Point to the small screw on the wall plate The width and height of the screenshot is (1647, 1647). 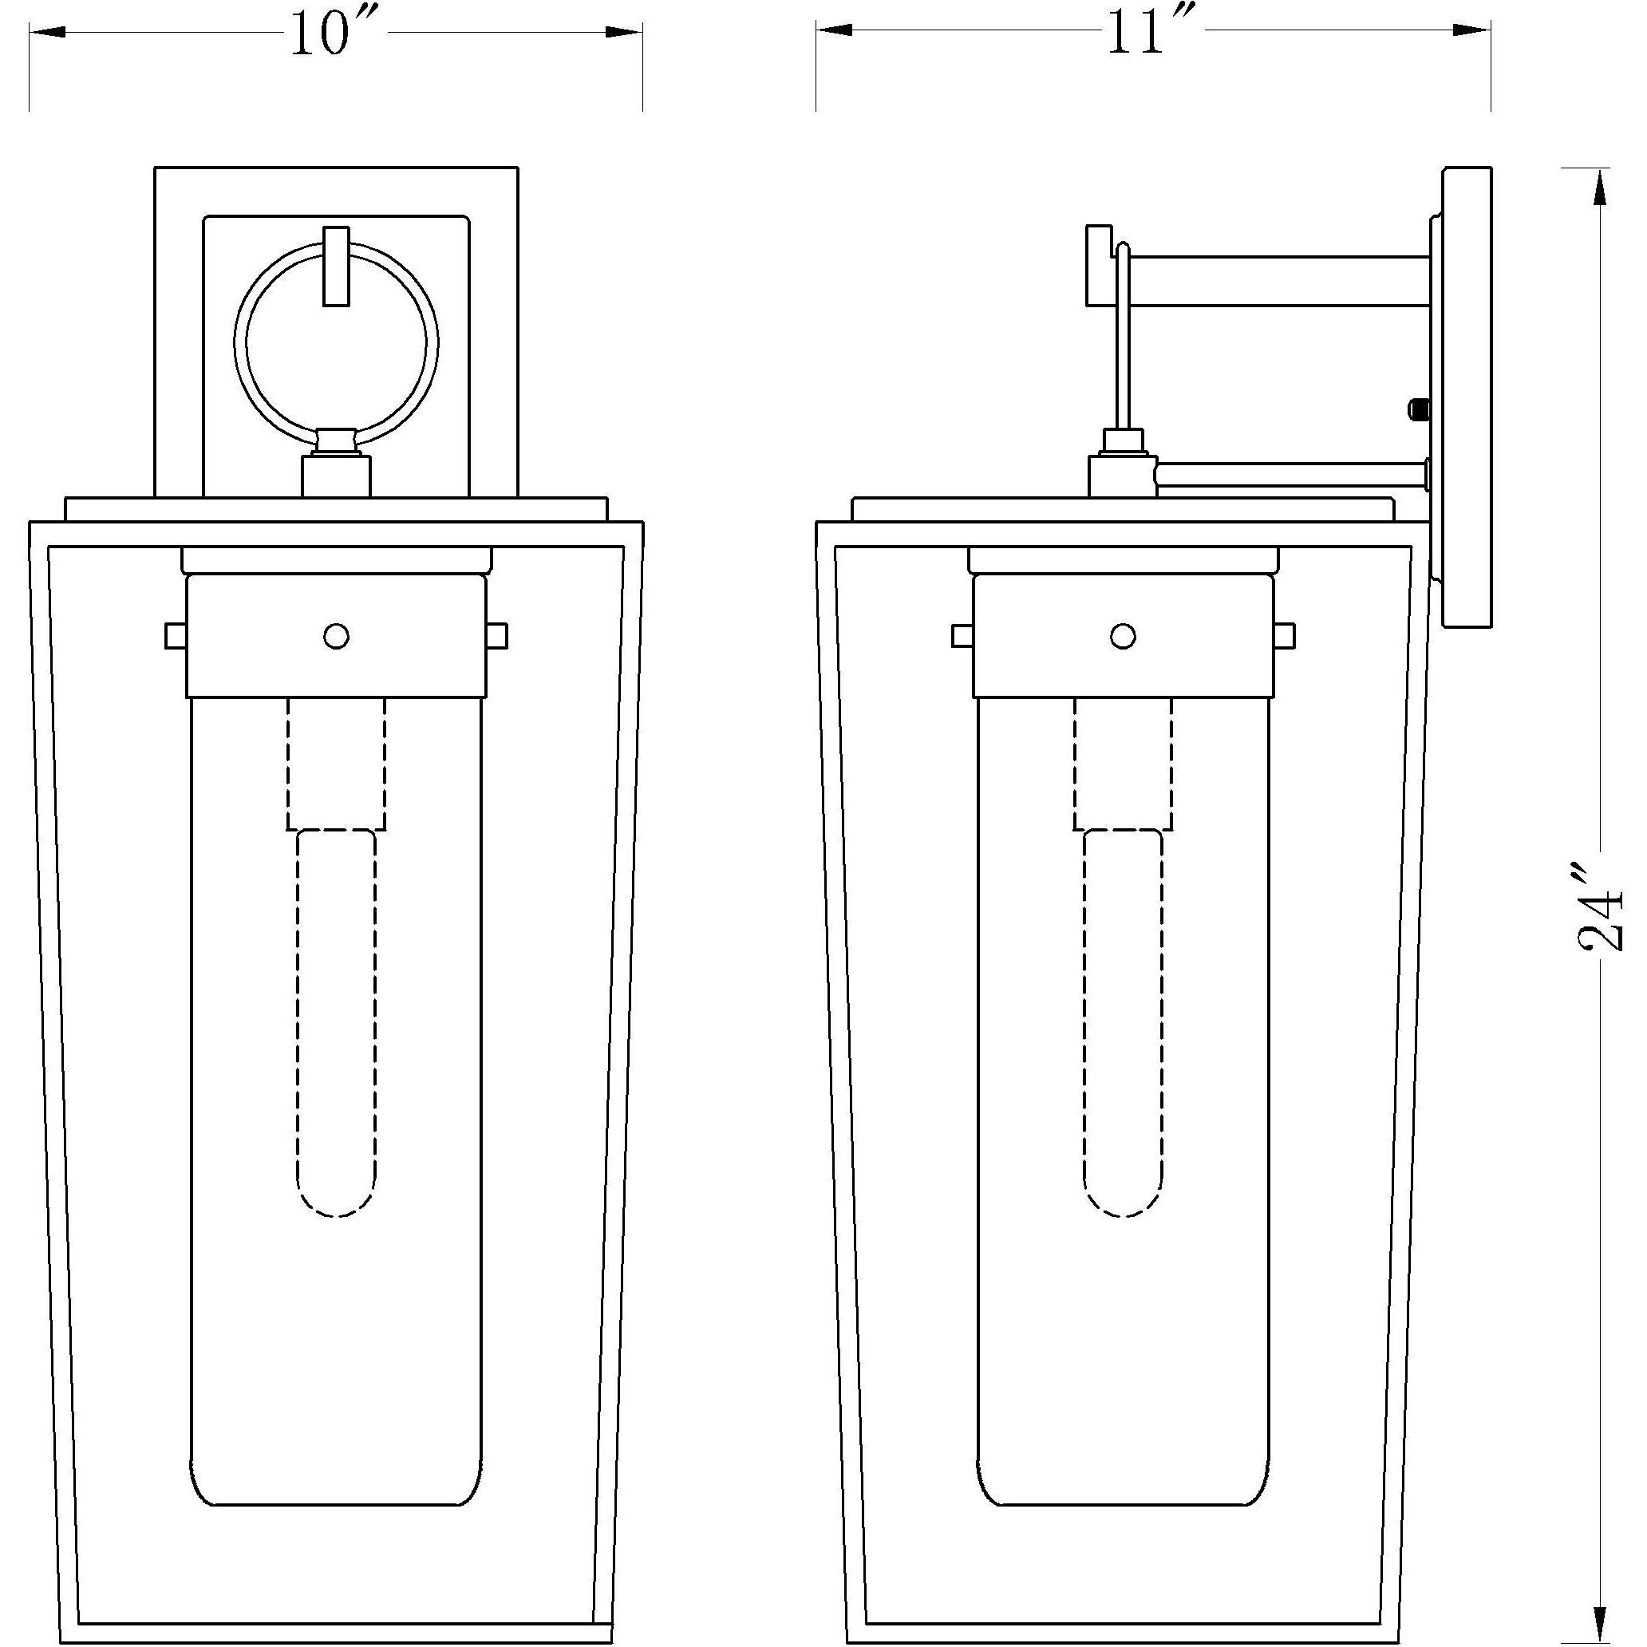1418,409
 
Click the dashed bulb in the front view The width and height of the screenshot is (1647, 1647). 337,1023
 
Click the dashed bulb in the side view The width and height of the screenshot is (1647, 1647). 1124,1023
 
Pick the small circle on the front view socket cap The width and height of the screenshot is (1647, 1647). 337,636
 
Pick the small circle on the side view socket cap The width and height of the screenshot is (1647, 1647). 1124,636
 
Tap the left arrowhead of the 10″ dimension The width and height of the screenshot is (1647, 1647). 47,32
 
